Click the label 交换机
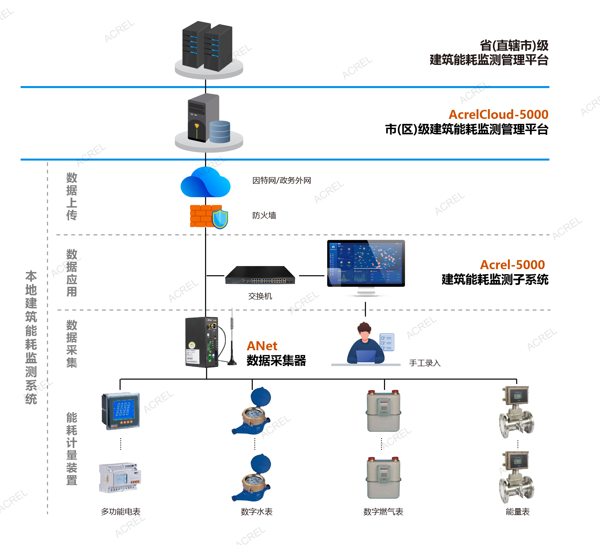click(x=260, y=296)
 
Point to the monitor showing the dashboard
click(x=366, y=263)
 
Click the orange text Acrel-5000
click(x=512, y=265)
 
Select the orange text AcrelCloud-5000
click(x=498, y=114)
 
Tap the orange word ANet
click(x=262, y=346)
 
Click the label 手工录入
click(x=425, y=363)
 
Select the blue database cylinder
click(x=220, y=132)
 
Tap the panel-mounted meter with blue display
click(x=120, y=411)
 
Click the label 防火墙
click(x=264, y=215)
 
